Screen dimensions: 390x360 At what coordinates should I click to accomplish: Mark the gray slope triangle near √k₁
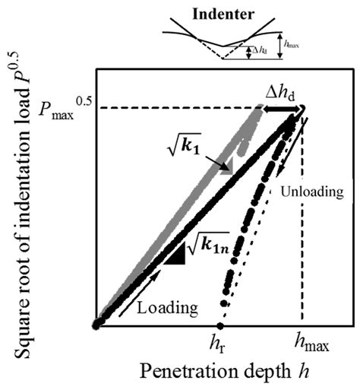pyautogui.click(x=224, y=169)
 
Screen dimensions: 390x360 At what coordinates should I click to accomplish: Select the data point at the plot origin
pyautogui.click(x=97, y=324)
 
